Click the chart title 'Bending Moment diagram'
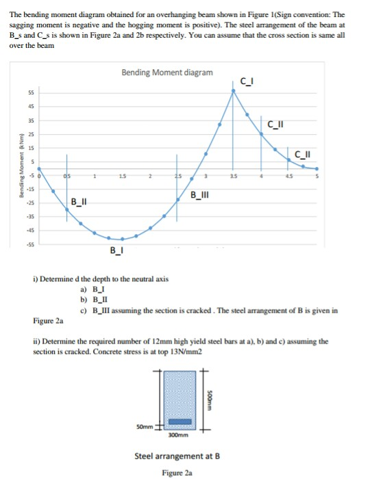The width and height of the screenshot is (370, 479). point(166,73)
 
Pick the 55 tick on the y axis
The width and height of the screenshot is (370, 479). point(31,92)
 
